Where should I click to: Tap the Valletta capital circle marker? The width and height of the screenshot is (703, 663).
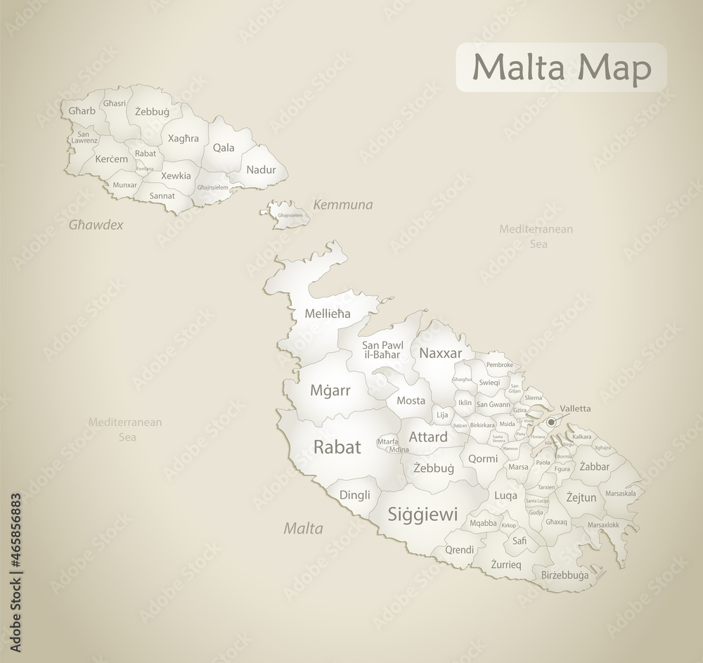551,422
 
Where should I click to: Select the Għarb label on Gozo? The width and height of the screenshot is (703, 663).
81,110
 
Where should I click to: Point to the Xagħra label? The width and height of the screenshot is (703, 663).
183,139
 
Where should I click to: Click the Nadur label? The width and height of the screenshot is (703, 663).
261,169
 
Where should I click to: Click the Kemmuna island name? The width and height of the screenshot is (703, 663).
343,205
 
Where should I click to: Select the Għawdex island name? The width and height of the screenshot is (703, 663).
96,225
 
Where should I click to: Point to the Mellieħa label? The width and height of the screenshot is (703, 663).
328,314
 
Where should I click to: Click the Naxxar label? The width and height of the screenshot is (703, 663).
440,353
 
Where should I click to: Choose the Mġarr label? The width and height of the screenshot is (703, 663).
330,390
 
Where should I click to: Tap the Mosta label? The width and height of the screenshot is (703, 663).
411,401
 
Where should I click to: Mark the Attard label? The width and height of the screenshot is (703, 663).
427,437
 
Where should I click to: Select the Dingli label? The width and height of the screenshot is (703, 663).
354,494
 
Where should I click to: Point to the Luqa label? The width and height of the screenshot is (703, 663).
505,495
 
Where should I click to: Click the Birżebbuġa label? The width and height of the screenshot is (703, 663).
565,575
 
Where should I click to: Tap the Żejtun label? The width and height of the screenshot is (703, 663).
581,497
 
